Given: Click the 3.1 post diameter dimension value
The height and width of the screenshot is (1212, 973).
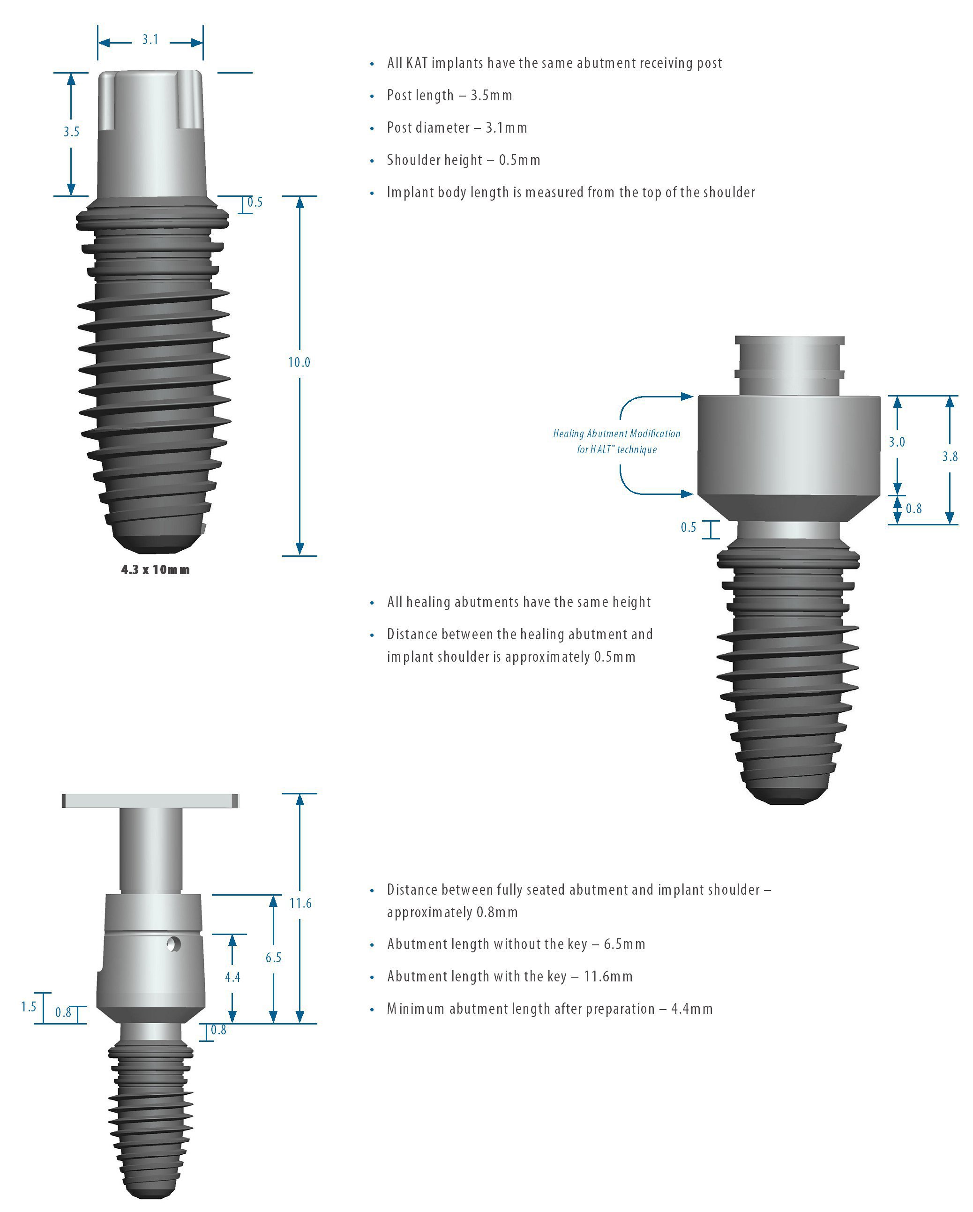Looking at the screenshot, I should (150, 40).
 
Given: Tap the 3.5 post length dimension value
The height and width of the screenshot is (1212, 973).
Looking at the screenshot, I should (71, 132).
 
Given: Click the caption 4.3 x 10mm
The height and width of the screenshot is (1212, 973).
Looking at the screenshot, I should (156, 569).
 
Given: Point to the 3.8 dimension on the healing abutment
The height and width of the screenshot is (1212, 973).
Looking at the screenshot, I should (950, 456).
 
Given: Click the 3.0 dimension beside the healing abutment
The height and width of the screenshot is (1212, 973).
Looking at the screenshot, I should (897, 442).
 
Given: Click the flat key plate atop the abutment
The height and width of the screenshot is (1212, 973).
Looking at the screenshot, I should (150, 801).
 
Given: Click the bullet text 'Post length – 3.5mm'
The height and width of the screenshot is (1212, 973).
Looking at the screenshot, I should (449, 96).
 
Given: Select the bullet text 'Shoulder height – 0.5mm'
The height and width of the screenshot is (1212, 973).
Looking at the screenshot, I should (463, 160).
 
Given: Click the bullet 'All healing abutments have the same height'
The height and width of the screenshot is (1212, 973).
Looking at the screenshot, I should (518, 602).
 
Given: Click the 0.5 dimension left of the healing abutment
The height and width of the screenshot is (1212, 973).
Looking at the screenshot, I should (688, 527).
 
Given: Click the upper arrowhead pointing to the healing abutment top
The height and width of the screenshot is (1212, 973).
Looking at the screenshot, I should (687, 397).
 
